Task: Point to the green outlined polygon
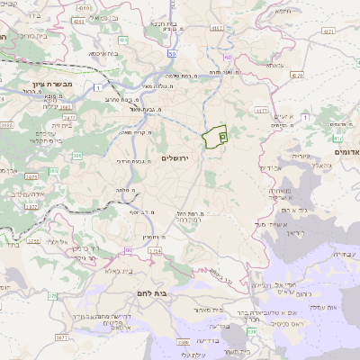(x=215, y=137)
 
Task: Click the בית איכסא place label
(x=106, y=53)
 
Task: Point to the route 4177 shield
(x=262, y=111)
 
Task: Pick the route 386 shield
(x=77, y=157)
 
